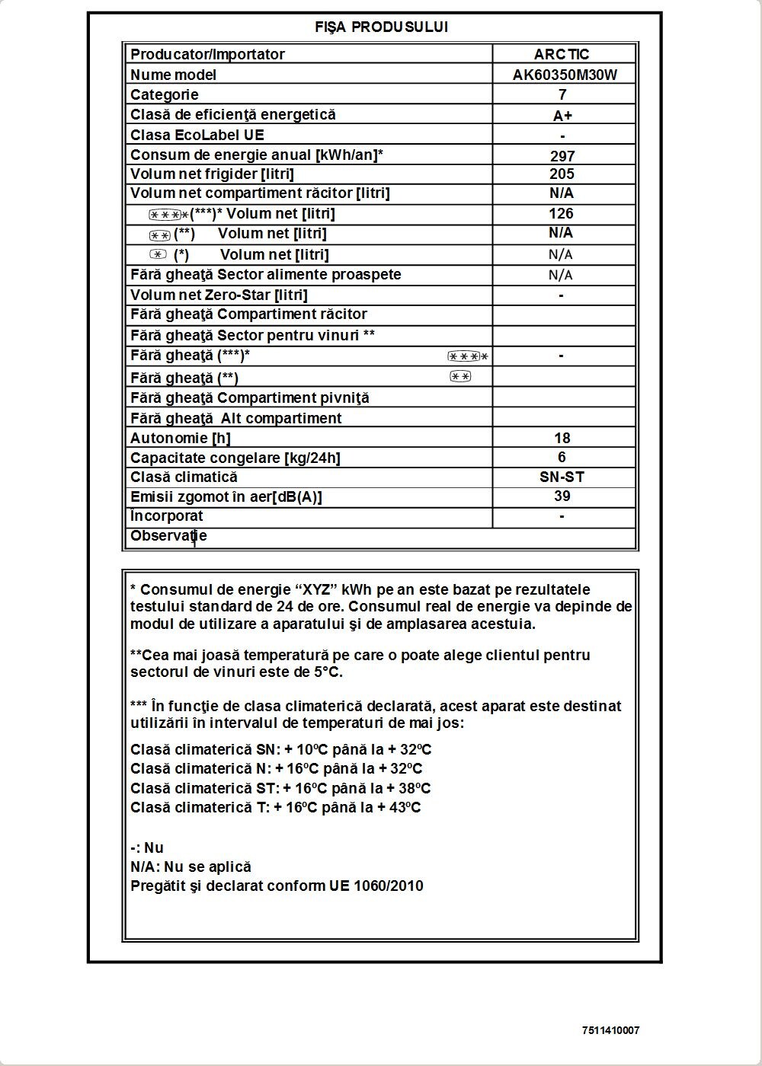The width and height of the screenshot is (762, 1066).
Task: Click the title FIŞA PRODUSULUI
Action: [x=381, y=27]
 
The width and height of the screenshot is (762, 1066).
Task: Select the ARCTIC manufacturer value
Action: [x=562, y=54]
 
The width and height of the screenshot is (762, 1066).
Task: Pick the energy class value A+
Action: [x=562, y=116]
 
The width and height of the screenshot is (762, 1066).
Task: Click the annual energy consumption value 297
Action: [x=562, y=156]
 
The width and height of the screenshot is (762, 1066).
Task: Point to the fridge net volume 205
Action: [x=562, y=174]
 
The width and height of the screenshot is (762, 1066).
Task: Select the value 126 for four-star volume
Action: [x=561, y=214]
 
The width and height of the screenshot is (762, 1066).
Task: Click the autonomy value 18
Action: [x=562, y=438]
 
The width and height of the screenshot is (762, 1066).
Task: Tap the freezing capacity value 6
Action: [x=562, y=457]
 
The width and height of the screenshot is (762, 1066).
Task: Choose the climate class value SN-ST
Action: [x=562, y=477]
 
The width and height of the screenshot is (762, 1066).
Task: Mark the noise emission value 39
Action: [x=562, y=496]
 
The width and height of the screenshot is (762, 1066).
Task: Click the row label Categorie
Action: [x=165, y=94]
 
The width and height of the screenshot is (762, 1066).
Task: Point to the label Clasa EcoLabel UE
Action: [x=197, y=135]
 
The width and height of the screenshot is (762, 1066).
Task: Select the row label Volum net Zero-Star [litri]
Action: [x=219, y=295]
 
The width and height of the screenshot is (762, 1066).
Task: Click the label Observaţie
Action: [x=168, y=536]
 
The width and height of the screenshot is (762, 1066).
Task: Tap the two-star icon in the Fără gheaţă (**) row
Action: [x=460, y=376]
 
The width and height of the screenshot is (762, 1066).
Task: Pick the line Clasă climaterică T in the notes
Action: [x=275, y=808]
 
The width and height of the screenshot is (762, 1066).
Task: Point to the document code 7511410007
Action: [x=610, y=1031]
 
